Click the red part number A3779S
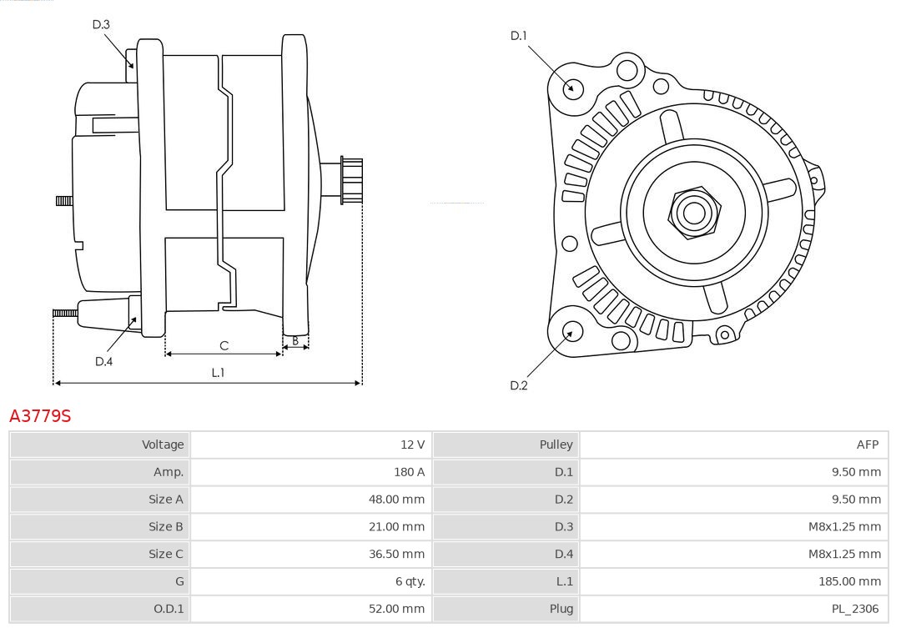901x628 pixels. (x=40, y=415)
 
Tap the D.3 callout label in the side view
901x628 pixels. (x=101, y=25)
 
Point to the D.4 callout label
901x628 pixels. (x=103, y=361)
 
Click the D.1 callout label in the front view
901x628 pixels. (x=519, y=36)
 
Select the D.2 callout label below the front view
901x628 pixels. (x=519, y=385)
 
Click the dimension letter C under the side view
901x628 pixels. (x=224, y=345)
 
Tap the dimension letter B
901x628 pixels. (x=295, y=340)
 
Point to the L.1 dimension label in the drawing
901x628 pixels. (x=218, y=373)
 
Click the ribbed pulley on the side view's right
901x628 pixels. (x=351, y=180)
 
